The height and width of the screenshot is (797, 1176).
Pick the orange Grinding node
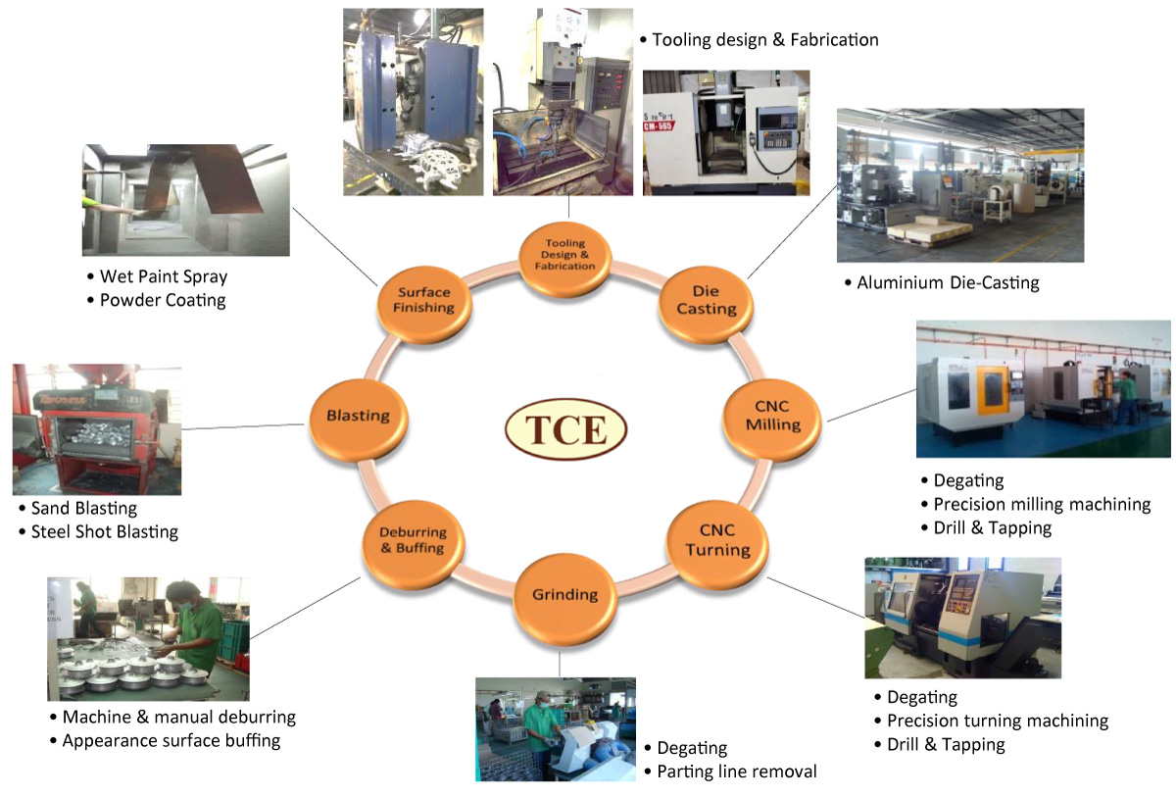564,594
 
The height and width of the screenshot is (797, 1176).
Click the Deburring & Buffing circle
412,540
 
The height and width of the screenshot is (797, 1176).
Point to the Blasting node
358,415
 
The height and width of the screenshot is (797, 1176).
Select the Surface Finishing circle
424,300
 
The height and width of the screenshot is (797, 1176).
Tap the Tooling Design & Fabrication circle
565,254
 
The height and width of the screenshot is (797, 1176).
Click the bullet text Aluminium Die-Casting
948,282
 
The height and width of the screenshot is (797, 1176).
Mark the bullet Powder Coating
163,300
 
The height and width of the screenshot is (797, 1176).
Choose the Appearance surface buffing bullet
171,740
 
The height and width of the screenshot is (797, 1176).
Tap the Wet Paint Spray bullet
164,276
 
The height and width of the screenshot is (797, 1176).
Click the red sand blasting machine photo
96,428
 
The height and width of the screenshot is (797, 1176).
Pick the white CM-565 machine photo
725,132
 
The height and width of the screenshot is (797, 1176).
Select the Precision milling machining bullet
1042,504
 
